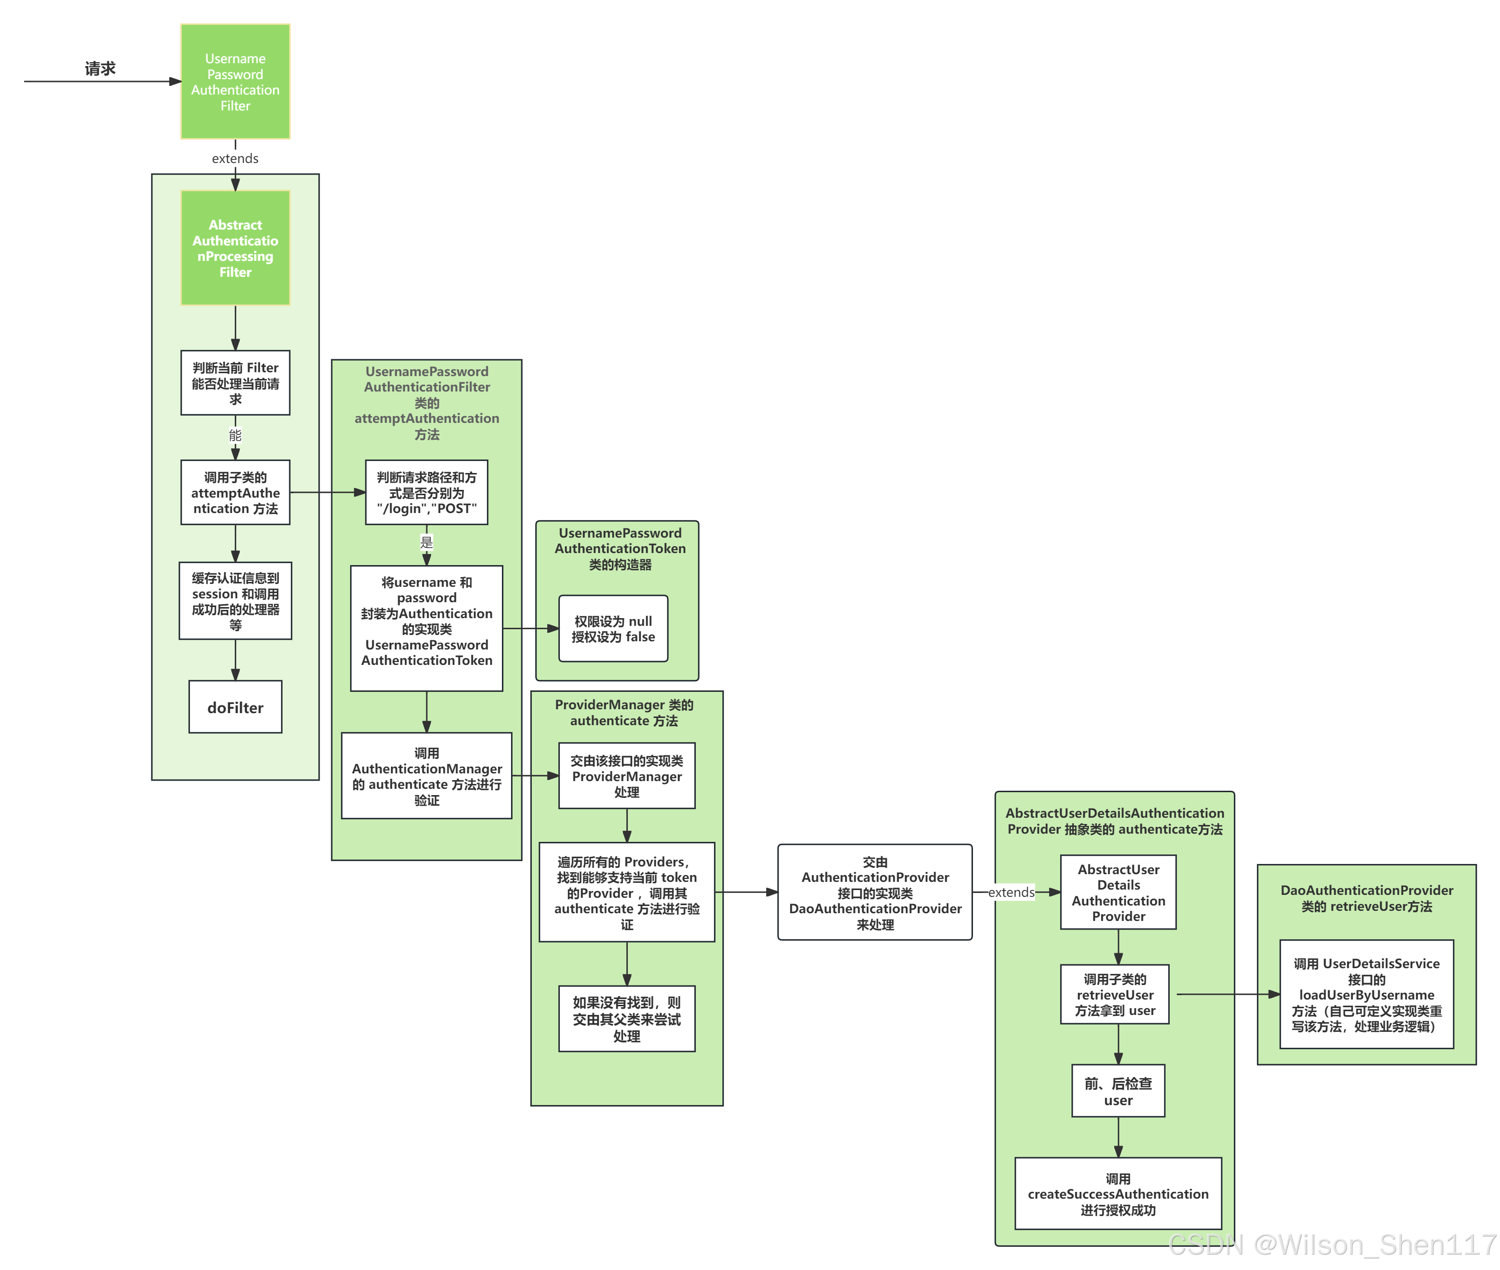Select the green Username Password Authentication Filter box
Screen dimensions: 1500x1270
coord(235,81)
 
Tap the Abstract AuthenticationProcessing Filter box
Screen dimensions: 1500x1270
coord(235,248)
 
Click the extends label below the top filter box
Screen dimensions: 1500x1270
coord(235,159)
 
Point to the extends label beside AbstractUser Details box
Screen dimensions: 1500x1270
coord(1011,892)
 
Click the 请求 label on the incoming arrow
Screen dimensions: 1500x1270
coord(100,68)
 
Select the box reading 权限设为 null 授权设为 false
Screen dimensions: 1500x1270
coord(613,629)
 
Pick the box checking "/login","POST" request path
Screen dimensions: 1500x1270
coord(427,492)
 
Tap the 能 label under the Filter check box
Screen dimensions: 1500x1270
coord(235,435)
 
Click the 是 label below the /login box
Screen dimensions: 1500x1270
coord(427,542)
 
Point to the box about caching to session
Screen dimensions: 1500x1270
coord(235,601)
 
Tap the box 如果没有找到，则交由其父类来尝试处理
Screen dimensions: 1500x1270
coord(627,1019)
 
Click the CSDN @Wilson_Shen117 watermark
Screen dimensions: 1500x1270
coord(1332,1244)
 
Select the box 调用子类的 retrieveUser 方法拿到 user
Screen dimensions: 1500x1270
coord(1115,994)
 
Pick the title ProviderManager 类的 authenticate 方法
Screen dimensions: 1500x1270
coord(624,713)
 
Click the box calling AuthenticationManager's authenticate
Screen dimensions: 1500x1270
coord(427,776)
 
